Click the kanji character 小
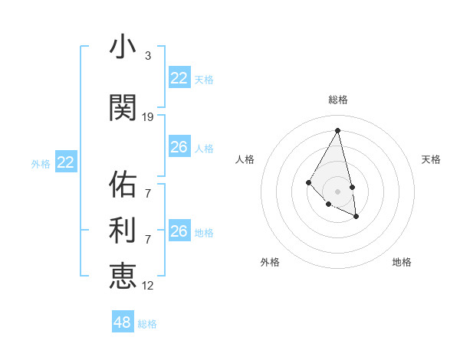coord(123,47)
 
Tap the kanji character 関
coord(123,108)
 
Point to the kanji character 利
coord(123,230)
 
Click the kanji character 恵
coord(123,276)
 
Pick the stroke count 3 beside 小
coord(148,56)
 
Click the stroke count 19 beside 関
coord(148,117)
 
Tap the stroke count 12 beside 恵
coord(148,286)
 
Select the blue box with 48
coord(123,322)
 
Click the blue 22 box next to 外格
coord(66,162)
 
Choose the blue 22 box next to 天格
coord(179,78)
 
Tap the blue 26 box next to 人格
coord(179,147)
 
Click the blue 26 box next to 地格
coord(179,231)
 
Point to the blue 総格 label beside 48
coord(147,324)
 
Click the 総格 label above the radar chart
coord(338,100)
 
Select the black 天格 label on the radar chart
coord(431,159)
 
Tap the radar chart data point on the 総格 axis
coord(338,130)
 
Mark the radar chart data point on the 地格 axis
coord(356,217)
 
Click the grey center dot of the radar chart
coord(338,191)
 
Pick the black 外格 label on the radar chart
coord(270,262)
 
